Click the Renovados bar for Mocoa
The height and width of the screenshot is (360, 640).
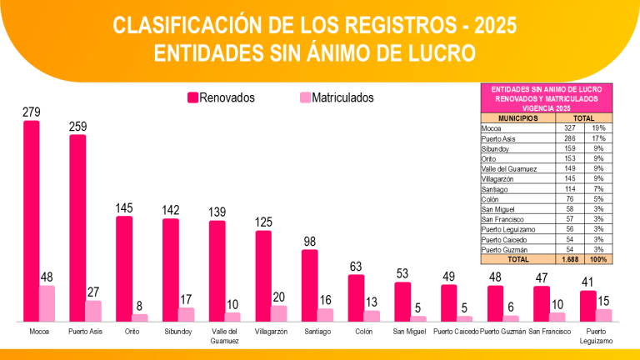[31, 221]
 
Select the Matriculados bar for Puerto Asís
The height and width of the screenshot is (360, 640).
[93, 311]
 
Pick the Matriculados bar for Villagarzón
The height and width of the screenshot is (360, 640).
[279, 312]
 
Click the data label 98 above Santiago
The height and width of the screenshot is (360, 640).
[309, 242]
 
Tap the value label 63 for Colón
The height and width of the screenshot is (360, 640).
[356, 267]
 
